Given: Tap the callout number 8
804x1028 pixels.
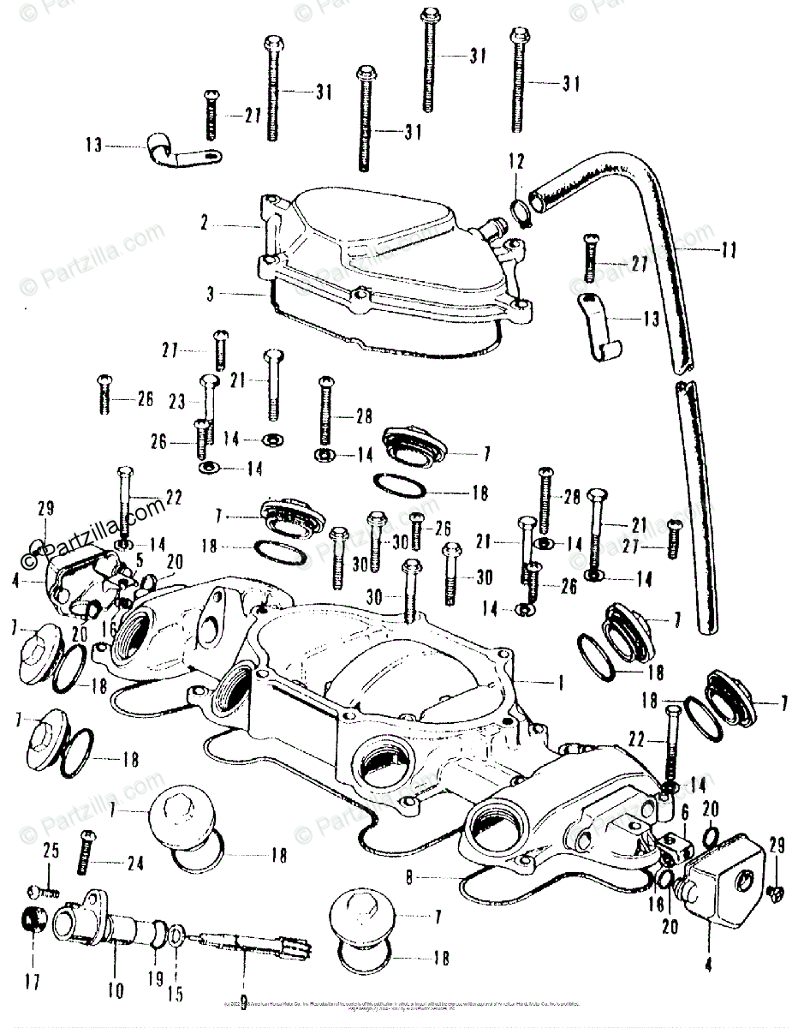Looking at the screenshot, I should [410, 878].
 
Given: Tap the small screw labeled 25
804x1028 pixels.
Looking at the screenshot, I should [43, 890].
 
